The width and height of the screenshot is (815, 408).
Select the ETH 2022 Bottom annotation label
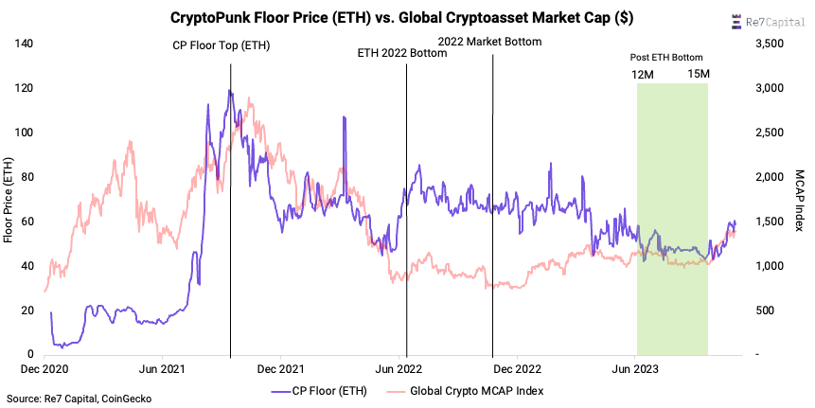[x=401, y=53]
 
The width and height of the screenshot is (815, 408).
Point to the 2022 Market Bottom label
[x=489, y=42]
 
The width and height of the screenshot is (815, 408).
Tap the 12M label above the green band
[x=642, y=74]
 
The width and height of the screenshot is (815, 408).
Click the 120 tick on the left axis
[x=26, y=88]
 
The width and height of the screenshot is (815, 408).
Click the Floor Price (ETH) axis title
[x=9, y=199]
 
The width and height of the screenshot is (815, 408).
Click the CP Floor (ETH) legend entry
[x=324, y=390]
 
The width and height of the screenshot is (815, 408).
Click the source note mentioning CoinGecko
[x=79, y=399]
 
